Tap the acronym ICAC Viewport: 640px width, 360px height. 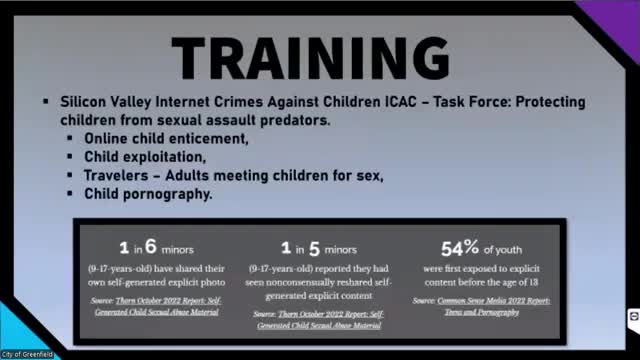(x=391, y=103)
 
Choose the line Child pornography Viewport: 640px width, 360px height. (x=147, y=194)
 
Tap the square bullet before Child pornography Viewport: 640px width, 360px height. (x=71, y=195)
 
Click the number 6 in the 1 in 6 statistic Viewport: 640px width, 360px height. (x=151, y=244)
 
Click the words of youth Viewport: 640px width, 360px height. (x=511, y=248)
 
